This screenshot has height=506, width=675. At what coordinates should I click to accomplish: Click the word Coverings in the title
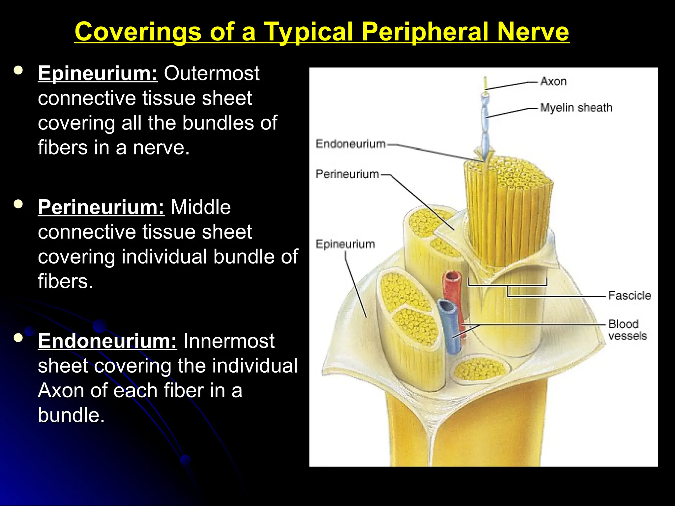coord(138,32)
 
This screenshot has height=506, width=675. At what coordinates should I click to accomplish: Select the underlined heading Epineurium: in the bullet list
coord(98,73)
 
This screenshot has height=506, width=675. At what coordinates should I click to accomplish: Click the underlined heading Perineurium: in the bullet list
coord(101,207)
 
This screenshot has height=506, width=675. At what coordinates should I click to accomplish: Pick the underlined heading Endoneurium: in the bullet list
coord(107,341)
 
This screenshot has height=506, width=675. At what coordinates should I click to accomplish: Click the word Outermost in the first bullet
coord(212,73)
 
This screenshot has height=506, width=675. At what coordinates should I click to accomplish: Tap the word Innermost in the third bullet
coord(229,341)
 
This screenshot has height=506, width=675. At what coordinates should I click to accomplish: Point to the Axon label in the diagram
coord(553,81)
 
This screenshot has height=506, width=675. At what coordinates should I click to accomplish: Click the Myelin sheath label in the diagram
coord(576,107)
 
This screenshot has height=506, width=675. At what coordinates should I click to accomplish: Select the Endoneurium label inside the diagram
coord(350,144)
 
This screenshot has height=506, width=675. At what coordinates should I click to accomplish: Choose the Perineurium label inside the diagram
coord(347,174)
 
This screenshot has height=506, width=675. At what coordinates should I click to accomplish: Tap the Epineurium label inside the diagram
coord(345,244)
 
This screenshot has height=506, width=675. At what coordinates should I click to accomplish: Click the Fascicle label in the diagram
coord(630,295)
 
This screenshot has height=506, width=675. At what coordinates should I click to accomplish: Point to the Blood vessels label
coord(628,329)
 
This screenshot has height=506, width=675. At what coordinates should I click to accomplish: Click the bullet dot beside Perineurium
coord(18,204)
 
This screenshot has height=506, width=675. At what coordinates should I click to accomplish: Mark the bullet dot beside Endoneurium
coord(18,338)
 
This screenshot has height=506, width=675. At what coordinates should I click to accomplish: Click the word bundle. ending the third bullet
coord(71,415)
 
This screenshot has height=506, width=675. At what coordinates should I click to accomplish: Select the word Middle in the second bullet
coord(200,207)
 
